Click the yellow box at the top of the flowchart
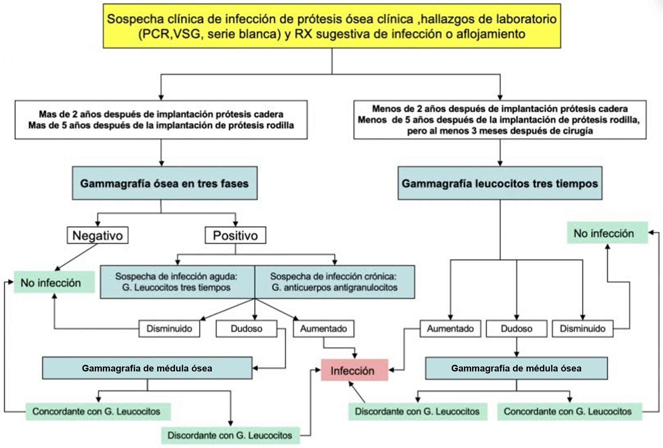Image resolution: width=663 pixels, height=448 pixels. (331, 26)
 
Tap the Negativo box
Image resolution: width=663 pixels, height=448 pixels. (97, 235)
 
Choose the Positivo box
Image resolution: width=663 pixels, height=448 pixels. (235, 235)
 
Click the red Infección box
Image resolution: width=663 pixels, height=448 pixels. (354, 370)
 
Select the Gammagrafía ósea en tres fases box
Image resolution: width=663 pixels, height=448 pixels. (164, 183)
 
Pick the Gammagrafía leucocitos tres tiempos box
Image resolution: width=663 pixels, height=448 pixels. (500, 183)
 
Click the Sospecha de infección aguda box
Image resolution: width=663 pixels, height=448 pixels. (177, 282)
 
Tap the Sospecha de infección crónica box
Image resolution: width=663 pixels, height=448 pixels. (334, 282)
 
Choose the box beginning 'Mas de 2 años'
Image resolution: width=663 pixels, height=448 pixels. (161, 120)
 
